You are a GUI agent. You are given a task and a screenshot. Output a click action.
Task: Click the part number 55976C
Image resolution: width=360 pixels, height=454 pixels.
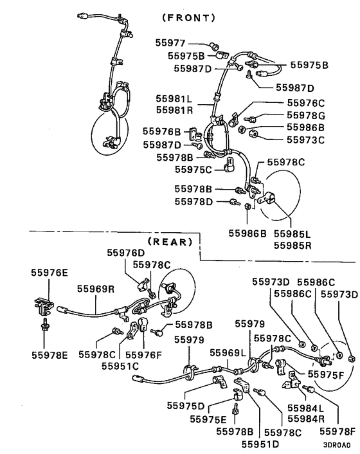(x=305, y=103)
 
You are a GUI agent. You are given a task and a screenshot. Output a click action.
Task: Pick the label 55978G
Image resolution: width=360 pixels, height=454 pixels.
(x=305, y=115)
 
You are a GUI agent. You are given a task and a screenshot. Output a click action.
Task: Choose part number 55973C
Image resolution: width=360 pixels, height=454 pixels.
(x=305, y=139)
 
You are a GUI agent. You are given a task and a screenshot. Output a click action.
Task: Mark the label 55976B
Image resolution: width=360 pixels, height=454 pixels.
(x=161, y=132)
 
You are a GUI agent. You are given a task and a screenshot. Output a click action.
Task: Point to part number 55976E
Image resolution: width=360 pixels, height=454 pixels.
(x=49, y=272)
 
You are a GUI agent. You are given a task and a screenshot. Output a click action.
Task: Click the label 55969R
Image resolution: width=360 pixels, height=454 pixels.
(x=96, y=289)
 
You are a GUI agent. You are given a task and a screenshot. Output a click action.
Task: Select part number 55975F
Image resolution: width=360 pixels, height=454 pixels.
(x=329, y=374)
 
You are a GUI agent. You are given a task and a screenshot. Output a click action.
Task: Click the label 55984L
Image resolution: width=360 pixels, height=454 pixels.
(x=305, y=408)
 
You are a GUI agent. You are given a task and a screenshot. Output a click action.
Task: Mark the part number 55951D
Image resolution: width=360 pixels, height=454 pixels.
(x=260, y=444)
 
